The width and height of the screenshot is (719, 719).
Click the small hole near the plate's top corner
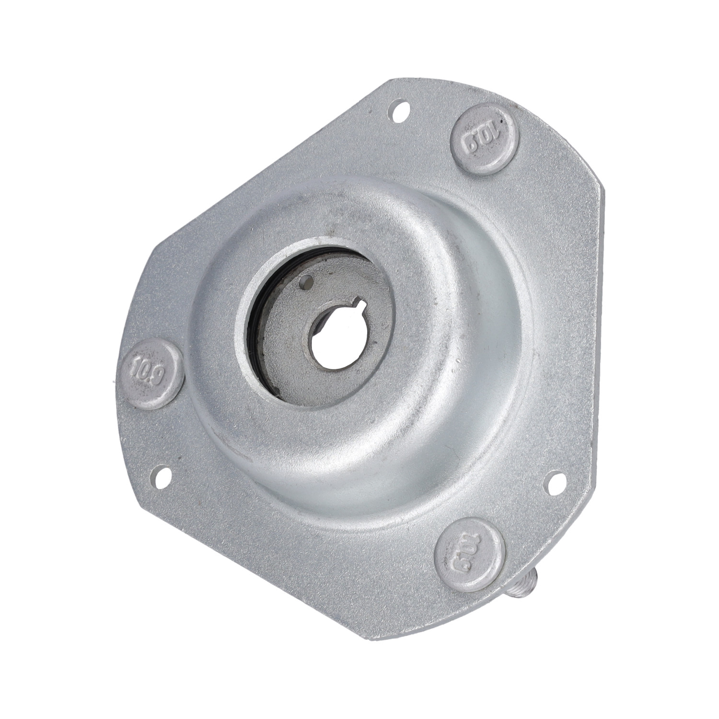[x=399, y=111]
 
